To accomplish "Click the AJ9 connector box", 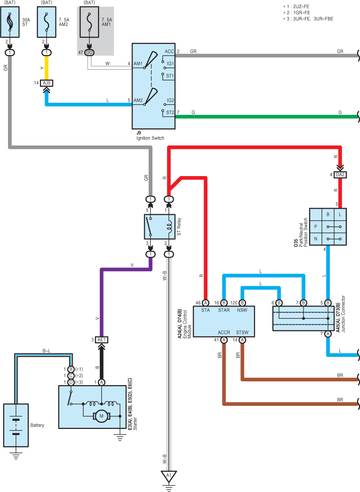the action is pos(47,83).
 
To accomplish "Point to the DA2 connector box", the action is pos(340,175).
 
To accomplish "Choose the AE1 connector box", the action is pos(101,340).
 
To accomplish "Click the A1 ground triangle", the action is pos(169,476).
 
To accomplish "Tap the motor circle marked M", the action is pos(101,416).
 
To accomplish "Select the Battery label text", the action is pos(37,425).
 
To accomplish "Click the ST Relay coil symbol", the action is pos(169,227).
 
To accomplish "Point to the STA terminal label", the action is pos(205,310).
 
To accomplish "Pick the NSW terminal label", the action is pos(242,310).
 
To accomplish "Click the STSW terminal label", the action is pos(242,332).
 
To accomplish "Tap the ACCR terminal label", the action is pos(224,332).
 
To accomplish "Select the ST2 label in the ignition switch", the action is pos(170,113).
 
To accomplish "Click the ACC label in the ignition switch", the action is pos(169,51).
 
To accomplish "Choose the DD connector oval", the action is pos(89,52).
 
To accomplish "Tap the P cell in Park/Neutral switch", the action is pos(316,226).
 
